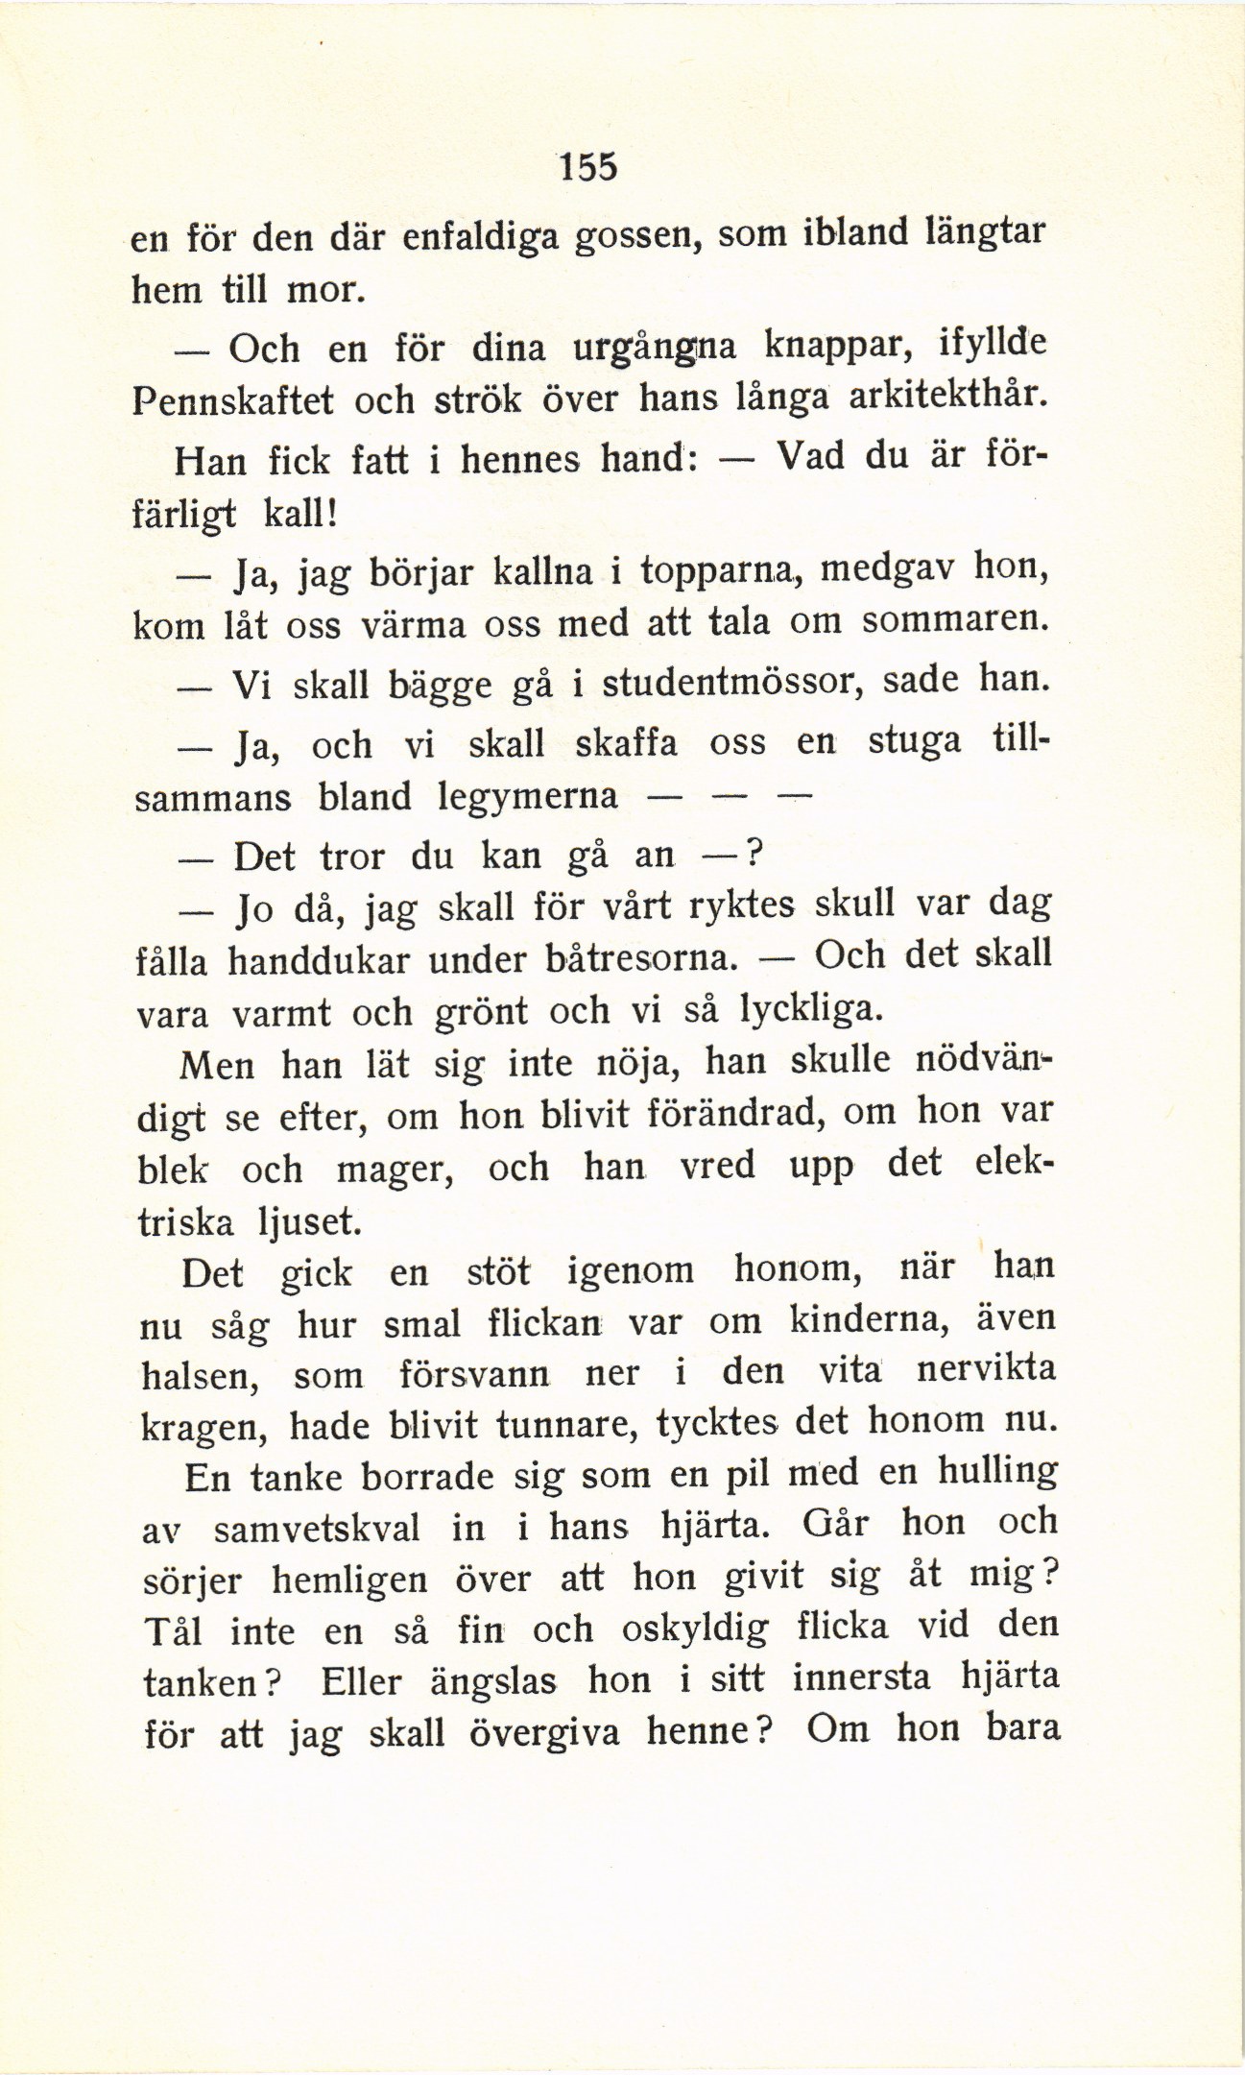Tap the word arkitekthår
(946, 395)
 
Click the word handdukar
(320, 960)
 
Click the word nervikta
(986, 1367)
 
